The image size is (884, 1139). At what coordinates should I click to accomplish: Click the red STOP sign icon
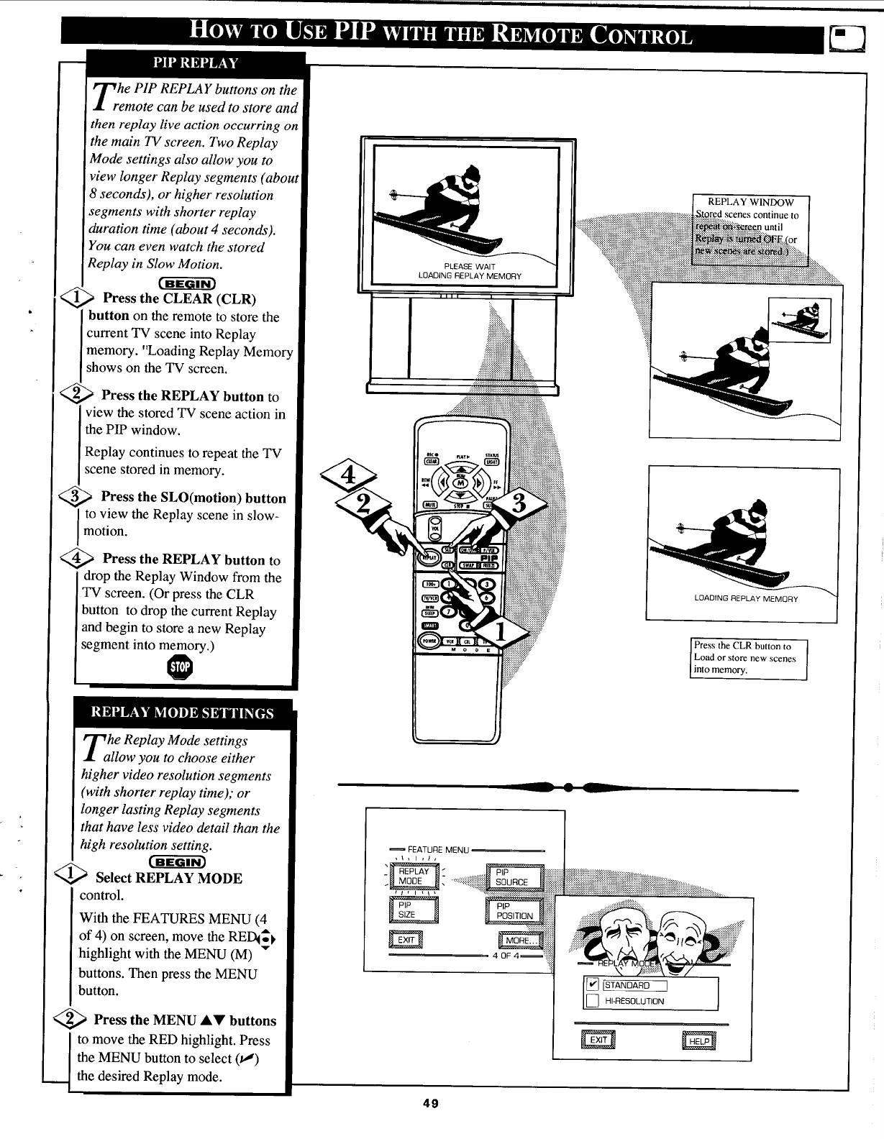tap(180, 667)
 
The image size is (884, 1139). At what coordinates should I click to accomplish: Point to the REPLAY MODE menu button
tap(414, 876)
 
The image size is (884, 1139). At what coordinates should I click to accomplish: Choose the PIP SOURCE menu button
tap(514, 877)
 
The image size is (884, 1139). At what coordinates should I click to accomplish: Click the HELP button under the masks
tap(698, 1040)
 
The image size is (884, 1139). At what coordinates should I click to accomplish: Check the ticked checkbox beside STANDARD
tap(591, 985)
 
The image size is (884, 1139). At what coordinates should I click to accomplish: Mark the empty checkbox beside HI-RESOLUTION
tap(591, 1001)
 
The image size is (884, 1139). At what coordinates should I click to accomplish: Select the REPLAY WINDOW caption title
tap(750, 202)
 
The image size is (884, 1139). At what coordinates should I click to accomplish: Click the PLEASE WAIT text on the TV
tap(469, 267)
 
